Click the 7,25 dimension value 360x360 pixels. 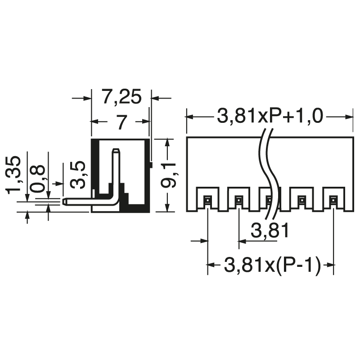click(121, 97)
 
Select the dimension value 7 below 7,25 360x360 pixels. click(121, 122)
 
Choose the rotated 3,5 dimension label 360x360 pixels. click(78, 175)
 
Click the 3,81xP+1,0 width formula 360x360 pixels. click(270, 116)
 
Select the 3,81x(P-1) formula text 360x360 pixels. click(272, 265)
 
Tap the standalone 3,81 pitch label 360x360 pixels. click(270, 230)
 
